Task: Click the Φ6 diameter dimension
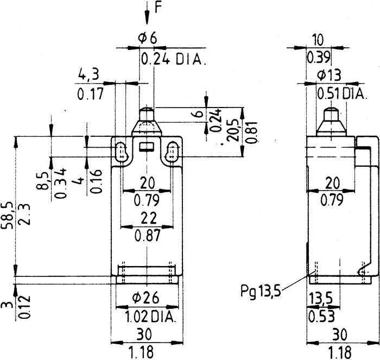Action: coord(147,38)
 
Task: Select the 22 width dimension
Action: coord(146,218)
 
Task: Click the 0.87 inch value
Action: coord(147,236)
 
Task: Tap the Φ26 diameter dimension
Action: coord(147,298)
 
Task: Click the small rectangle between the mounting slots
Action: coord(146,146)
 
